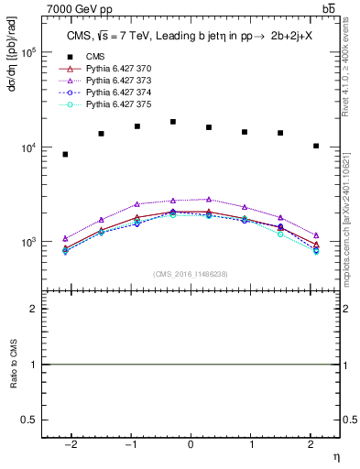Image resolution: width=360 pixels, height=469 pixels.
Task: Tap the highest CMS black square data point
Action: click(172, 122)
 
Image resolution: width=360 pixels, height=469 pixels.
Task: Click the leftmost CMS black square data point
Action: click(65, 154)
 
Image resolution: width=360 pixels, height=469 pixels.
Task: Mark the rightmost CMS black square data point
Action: click(316, 146)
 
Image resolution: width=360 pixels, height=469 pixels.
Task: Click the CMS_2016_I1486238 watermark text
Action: click(191, 274)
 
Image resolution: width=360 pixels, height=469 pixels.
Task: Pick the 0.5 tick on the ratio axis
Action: click(31, 420)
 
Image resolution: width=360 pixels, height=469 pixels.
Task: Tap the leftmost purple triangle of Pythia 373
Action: click(65, 238)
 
